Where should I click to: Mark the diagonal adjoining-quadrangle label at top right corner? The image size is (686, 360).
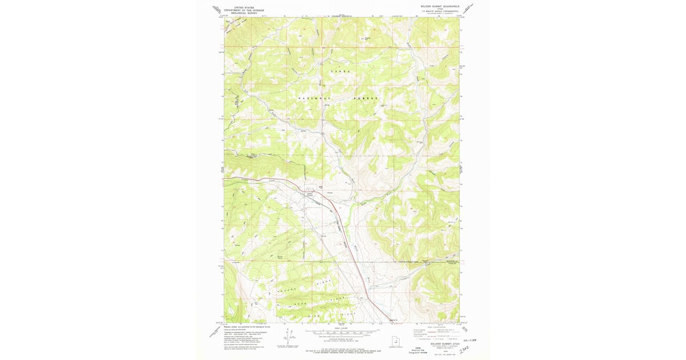(470, 9)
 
